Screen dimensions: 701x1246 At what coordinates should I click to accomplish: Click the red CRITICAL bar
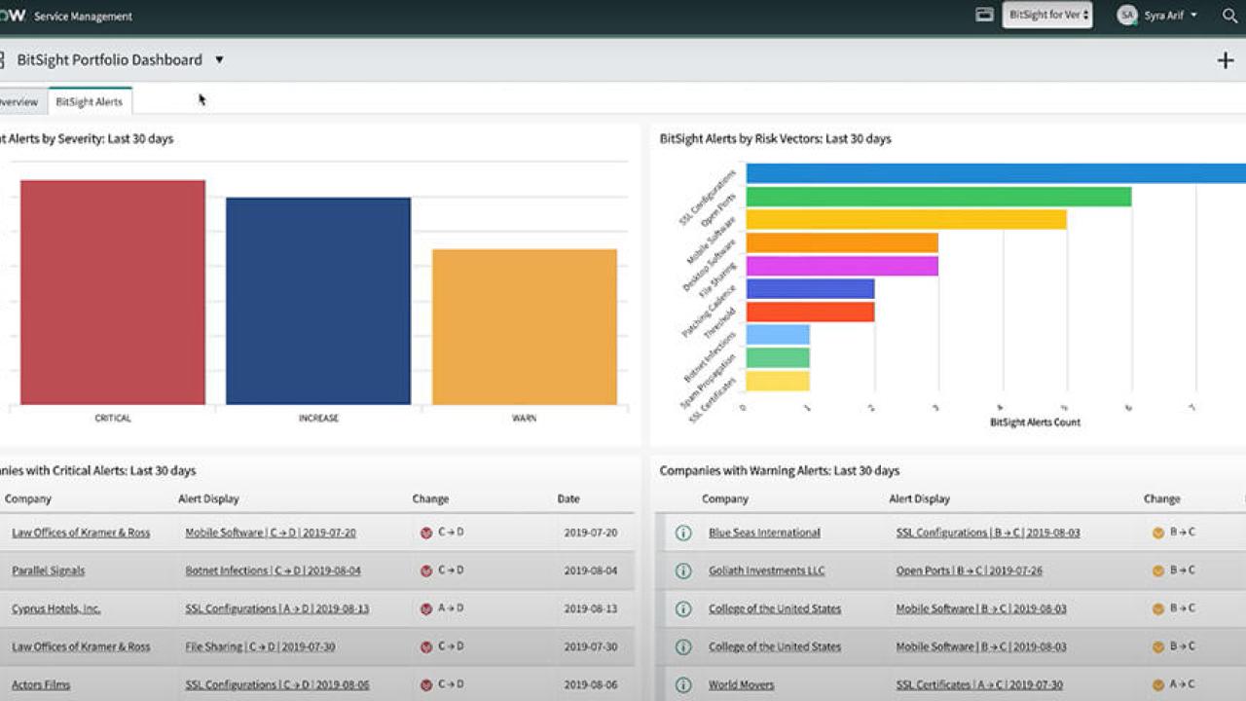113,292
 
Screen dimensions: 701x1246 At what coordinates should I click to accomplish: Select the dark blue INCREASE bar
318,301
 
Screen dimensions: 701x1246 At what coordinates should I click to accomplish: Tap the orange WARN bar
524,326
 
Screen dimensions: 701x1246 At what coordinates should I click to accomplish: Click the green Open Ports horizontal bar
938,197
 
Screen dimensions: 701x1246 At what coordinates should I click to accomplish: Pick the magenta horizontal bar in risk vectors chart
842,266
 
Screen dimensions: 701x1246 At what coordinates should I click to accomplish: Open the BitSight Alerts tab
90,102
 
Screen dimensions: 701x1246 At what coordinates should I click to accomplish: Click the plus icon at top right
1225,60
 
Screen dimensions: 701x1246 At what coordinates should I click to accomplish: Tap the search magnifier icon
1229,16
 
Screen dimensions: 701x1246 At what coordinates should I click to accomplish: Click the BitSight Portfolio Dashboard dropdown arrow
219,60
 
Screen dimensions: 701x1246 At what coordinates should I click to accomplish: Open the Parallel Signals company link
48,571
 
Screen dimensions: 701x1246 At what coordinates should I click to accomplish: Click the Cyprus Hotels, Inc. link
55,609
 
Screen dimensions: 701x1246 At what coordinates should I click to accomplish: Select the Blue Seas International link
764,533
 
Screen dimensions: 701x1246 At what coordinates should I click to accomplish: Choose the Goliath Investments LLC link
766,571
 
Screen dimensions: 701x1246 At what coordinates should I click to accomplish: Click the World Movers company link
741,684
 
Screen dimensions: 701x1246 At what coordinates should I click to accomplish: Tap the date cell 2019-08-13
590,609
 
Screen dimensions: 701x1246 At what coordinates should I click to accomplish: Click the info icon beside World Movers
683,684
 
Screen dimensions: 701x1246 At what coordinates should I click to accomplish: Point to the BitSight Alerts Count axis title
1035,423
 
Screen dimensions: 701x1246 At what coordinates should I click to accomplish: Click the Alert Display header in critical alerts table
208,498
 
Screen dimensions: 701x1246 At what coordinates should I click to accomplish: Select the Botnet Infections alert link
273,571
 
